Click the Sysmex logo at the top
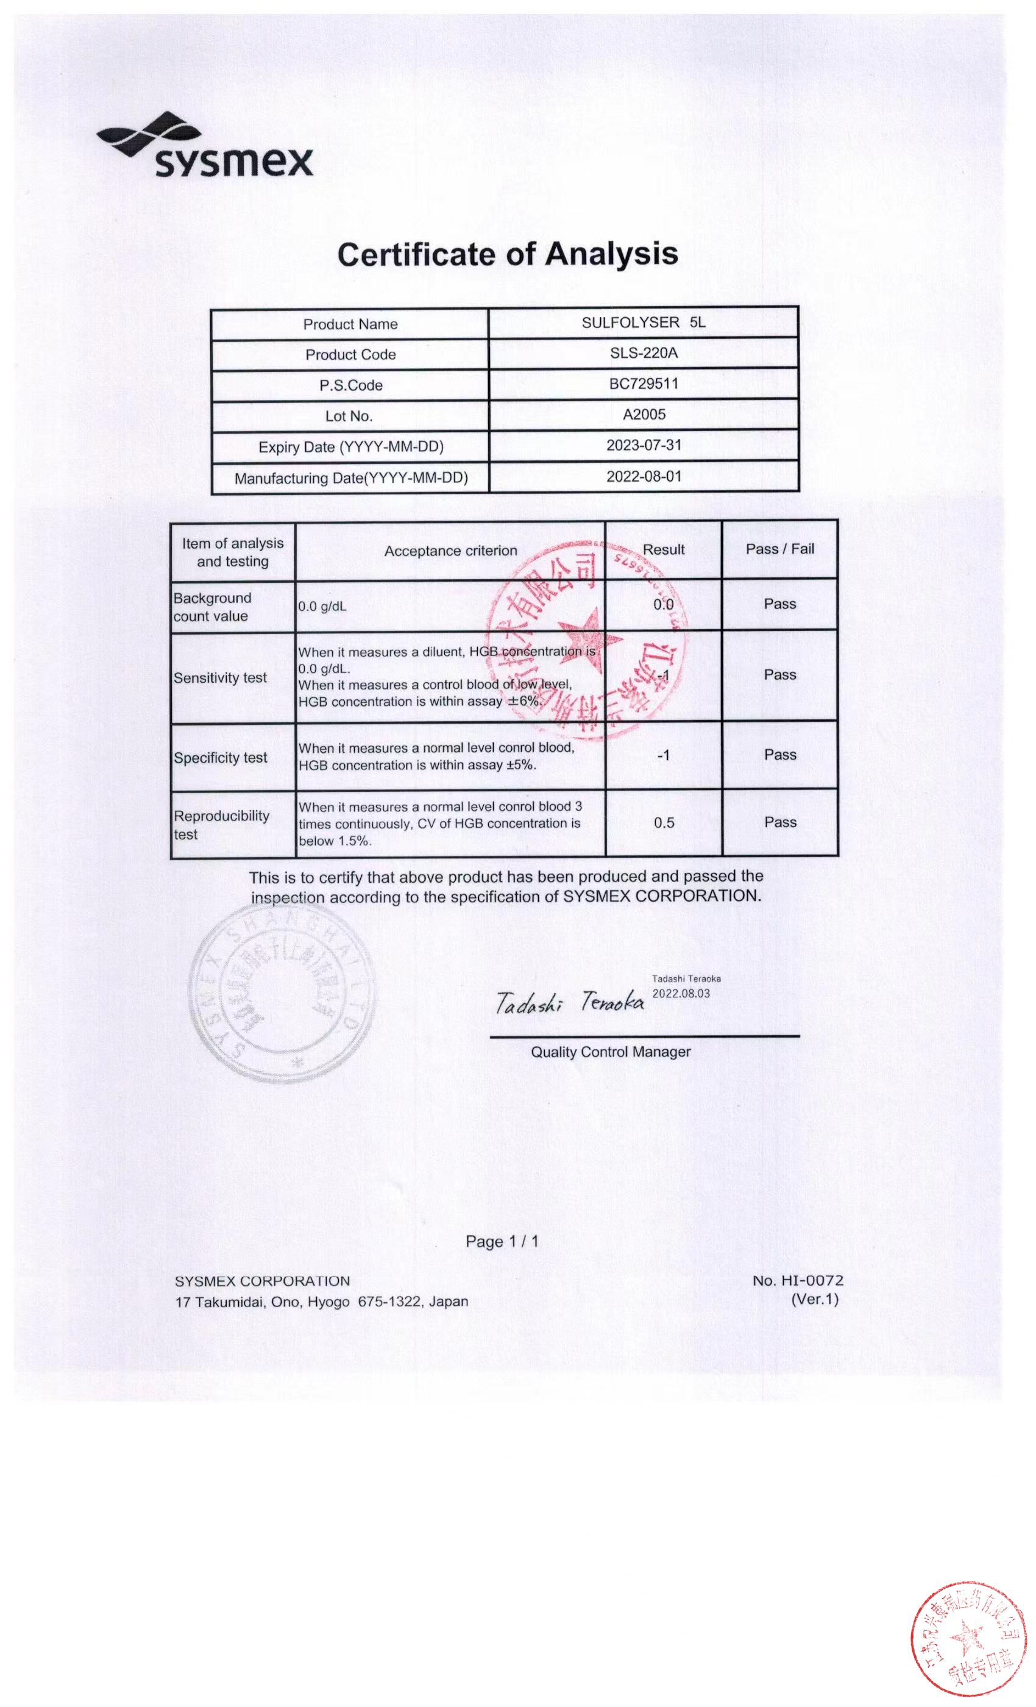pos(205,146)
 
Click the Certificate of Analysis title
pos(507,254)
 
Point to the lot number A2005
pos(644,415)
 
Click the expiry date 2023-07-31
pos(644,445)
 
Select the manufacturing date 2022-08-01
pos(644,476)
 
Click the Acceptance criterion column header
pos(450,551)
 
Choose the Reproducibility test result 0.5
pos(664,822)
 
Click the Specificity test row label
pos(220,757)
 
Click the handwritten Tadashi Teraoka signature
pos(569,1002)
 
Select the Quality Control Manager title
pos(610,1052)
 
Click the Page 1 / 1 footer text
pos(502,1241)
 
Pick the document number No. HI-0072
pos(797,1280)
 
